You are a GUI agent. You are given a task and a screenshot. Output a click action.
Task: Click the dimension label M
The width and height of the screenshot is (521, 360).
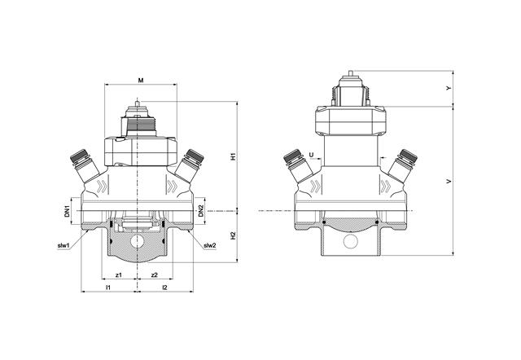[141, 81]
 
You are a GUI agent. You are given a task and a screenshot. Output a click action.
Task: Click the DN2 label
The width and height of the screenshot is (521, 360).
[200, 213]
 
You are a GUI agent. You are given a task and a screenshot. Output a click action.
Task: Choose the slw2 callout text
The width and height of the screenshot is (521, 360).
[210, 245]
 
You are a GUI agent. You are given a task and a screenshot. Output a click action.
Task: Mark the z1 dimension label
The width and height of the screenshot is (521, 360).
[119, 275]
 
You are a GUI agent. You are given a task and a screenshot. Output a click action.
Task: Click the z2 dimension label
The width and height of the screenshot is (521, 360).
[154, 275]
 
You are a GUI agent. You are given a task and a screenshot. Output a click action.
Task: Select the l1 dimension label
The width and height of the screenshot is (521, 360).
[109, 288]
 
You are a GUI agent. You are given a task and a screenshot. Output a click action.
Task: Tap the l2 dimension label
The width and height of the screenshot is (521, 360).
[165, 288]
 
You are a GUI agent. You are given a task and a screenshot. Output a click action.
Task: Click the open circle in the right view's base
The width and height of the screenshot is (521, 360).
[350, 243]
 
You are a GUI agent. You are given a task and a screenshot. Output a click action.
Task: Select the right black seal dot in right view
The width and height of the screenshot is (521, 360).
[376, 222]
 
